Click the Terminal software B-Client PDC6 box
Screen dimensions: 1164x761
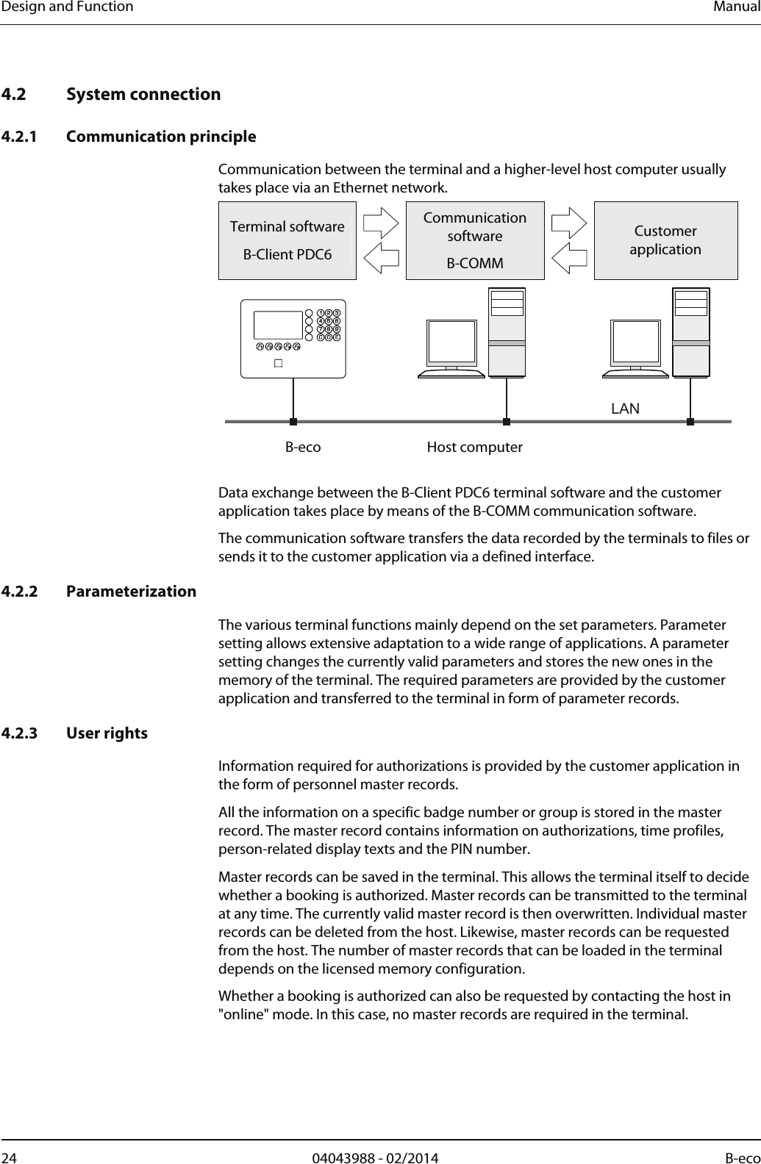[x=287, y=240]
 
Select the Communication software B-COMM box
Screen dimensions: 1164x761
[x=475, y=240]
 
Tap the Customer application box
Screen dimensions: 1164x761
[x=665, y=240]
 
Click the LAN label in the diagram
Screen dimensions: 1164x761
[x=626, y=408]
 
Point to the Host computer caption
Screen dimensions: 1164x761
[x=474, y=447]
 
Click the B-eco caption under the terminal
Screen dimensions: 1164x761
[x=303, y=447]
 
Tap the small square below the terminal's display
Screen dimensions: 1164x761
[x=279, y=363]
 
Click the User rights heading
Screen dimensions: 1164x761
[x=107, y=733]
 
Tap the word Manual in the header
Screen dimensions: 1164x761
[x=738, y=7]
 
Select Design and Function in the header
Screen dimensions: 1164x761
[x=67, y=7]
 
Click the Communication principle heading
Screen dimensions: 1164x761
[x=161, y=137]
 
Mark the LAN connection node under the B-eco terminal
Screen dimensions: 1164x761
[x=293, y=422]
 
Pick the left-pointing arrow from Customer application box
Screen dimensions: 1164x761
[x=570, y=256]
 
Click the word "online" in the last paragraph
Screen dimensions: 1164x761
[x=245, y=1015]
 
